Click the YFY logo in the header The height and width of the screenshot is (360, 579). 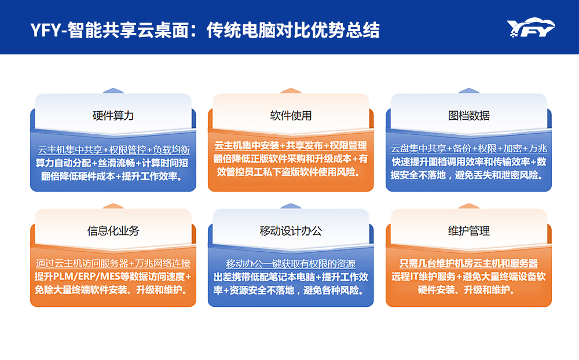pyautogui.click(x=530, y=28)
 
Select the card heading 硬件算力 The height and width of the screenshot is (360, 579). pyautogui.click(x=113, y=115)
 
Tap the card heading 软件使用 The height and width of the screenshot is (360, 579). pyautogui.click(x=291, y=115)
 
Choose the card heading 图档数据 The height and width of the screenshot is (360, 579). pyautogui.click(x=469, y=115)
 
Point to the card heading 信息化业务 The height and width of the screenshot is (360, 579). pyautogui.click(x=113, y=230)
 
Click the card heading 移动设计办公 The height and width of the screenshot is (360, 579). pyautogui.click(x=291, y=230)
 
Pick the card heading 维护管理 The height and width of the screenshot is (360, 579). pyautogui.click(x=469, y=230)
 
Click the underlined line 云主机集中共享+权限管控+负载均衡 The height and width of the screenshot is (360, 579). pyautogui.click(x=113, y=149)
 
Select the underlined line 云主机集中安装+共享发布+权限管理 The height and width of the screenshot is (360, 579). pyautogui.click(x=291, y=145)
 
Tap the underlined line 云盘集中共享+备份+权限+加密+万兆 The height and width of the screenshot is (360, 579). pyautogui.click(x=469, y=148)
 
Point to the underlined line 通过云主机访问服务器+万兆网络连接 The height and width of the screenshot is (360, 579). pyautogui.click(x=113, y=263)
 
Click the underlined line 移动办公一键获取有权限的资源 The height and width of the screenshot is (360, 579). pyautogui.click(x=291, y=263)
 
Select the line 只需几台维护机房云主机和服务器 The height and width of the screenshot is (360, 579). pyautogui.click(x=469, y=263)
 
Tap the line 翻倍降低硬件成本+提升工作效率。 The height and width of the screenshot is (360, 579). pyautogui.click(x=113, y=175)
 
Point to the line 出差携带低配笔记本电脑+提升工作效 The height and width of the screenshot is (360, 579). pyautogui.click(x=291, y=277)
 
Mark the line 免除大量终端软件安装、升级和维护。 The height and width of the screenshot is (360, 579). pyautogui.click(x=113, y=289)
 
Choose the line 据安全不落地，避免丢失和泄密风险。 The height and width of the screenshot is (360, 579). pyautogui.click(x=469, y=175)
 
